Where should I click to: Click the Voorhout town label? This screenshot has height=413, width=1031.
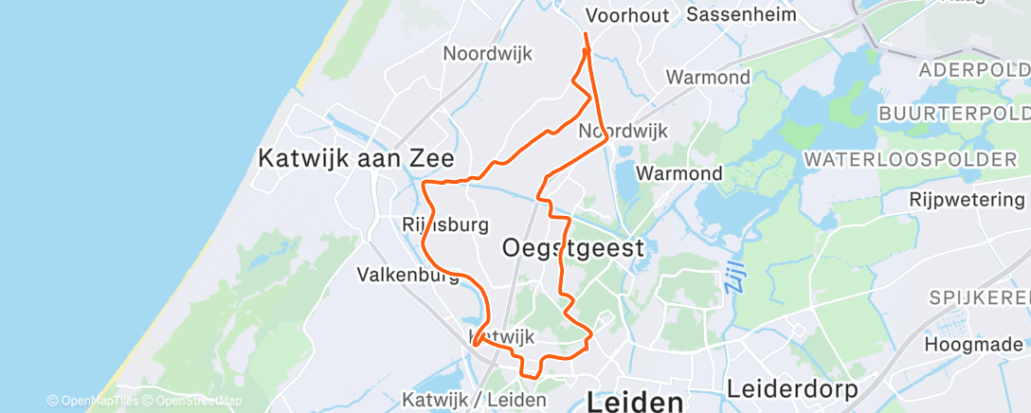coord(627,15)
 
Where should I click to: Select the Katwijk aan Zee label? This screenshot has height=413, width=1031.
coord(357,158)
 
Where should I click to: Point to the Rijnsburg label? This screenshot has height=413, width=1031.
coord(445,224)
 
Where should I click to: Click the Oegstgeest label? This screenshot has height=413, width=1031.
coord(571,248)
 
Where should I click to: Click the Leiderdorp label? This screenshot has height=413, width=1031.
coord(792,389)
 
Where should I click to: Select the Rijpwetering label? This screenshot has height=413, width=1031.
coord(967,200)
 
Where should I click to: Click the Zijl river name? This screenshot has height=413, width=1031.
coord(735,276)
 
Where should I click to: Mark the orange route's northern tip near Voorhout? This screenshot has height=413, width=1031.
coord(586,35)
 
